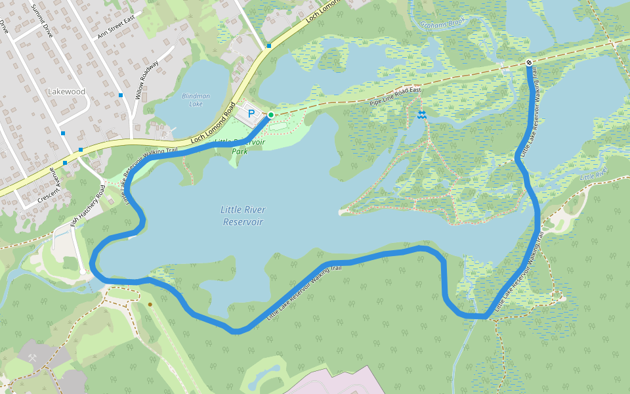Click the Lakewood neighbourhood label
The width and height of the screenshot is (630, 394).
pyautogui.click(x=67, y=92)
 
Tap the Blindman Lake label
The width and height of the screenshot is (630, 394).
pyautogui.click(x=196, y=100)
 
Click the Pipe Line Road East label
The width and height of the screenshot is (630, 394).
pyautogui.click(x=394, y=94)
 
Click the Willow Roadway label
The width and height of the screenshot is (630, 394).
pyautogui.click(x=147, y=79)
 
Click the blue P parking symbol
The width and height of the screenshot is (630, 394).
pyautogui.click(x=251, y=114)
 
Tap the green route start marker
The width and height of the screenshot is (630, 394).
pyautogui.click(x=270, y=115)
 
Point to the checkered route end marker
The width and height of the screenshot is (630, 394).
pyautogui.click(x=529, y=63)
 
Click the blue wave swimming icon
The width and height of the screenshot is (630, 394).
pyautogui.click(x=421, y=115)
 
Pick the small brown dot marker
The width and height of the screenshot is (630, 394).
pyautogui.click(x=150, y=304)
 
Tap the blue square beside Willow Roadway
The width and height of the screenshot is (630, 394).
pyautogui.click(x=121, y=95)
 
